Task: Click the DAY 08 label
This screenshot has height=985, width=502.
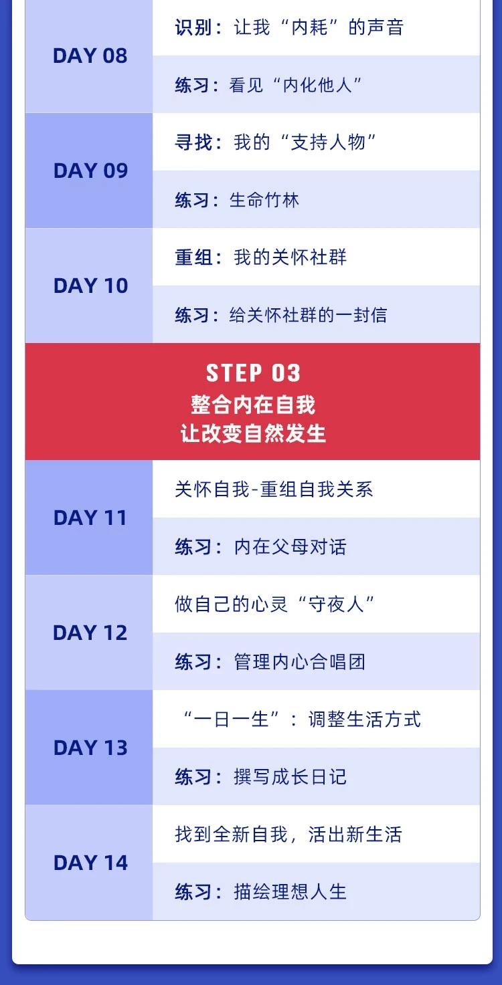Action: (x=90, y=56)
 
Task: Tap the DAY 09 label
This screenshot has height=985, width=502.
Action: (x=90, y=171)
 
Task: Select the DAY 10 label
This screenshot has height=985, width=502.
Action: (x=90, y=286)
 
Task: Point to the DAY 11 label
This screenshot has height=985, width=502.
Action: (x=90, y=518)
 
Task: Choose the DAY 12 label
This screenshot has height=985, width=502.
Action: (x=90, y=633)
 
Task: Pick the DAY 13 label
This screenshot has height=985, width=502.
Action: (x=90, y=748)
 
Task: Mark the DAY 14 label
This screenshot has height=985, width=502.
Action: (x=90, y=863)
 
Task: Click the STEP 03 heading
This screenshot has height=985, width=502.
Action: (x=253, y=373)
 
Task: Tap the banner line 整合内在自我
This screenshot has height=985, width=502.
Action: (x=253, y=405)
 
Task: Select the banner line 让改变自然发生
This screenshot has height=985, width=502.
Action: (x=253, y=433)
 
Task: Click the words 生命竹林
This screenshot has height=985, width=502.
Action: (x=264, y=200)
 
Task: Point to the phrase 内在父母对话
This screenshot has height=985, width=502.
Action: (x=290, y=547)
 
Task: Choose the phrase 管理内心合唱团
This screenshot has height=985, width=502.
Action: (x=300, y=662)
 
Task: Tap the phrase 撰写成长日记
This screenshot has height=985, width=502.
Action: (x=290, y=777)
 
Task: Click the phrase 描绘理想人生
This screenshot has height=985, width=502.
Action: (x=290, y=892)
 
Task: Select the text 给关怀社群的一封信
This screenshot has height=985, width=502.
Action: (x=308, y=315)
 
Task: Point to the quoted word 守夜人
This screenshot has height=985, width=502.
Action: (x=336, y=605)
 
